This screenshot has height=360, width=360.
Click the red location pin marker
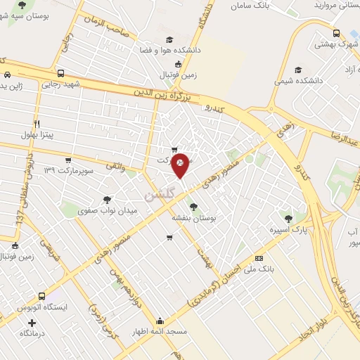click(x=181, y=164)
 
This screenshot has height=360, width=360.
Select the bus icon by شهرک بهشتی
click(x=337, y=33)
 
